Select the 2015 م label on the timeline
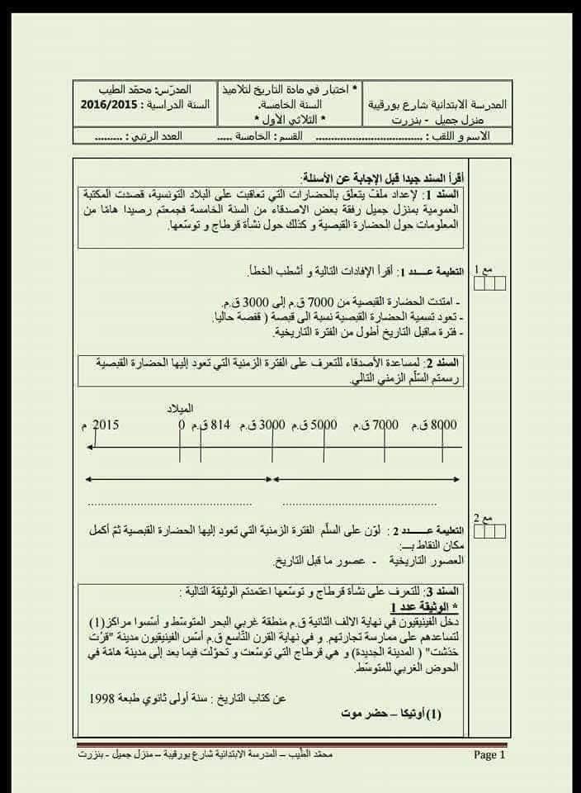click(x=101, y=425)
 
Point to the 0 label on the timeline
click(x=182, y=425)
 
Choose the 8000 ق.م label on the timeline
click(x=435, y=425)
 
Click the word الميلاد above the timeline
click(x=179, y=408)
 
